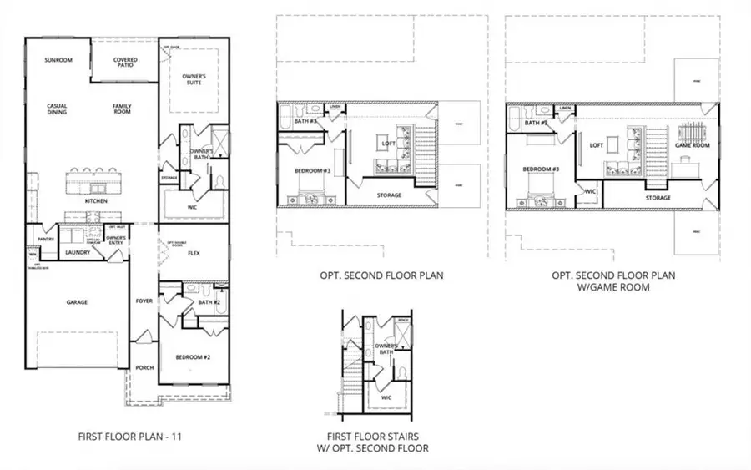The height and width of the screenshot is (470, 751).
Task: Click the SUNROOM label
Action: [58, 60]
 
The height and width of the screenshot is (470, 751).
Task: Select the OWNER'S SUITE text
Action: [194, 80]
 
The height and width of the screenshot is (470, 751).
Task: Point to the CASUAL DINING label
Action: [57, 109]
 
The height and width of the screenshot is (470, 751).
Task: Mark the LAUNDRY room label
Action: [78, 252]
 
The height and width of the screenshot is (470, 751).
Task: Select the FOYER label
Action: [144, 301]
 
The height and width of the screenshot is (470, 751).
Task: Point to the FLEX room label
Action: [194, 252]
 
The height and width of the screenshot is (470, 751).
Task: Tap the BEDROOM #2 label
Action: [191, 356]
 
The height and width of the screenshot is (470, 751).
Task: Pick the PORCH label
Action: [144, 367]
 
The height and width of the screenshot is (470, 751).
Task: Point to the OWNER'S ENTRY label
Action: [115, 240]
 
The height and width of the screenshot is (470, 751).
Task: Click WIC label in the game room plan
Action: [590, 191]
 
